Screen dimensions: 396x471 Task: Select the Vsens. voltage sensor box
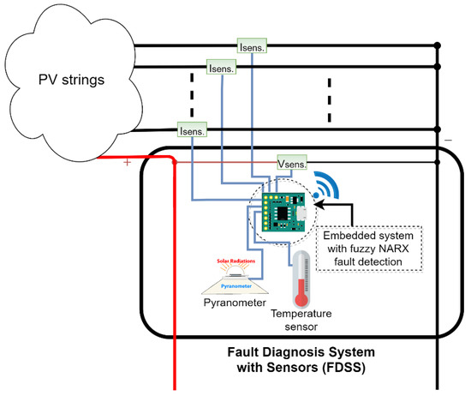(x=291, y=161)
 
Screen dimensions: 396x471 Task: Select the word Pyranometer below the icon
(x=232, y=303)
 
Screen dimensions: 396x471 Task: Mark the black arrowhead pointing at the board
(x=321, y=207)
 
